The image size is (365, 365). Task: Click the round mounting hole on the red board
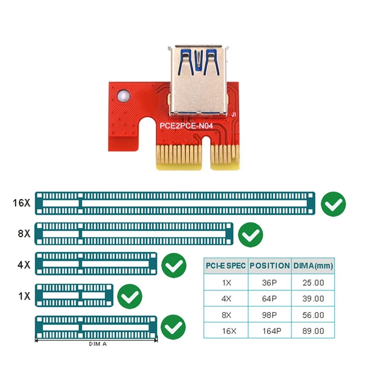point(123,97)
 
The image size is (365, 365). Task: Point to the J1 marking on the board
point(234,115)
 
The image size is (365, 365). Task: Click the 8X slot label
point(23,234)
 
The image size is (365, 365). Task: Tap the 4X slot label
point(23,264)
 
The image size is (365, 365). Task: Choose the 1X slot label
point(23,295)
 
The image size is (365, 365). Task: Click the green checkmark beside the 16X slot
point(333,203)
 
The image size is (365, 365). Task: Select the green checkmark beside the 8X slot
point(250,235)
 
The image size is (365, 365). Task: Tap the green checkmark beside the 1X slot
point(130,297)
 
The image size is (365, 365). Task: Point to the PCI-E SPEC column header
point(225,266)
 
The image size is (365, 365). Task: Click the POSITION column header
point(270,266)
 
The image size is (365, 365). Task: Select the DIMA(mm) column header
point(313,266)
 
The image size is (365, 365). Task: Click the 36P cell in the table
point(270,282)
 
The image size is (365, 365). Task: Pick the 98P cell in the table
point(270,315)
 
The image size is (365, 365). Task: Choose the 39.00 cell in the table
point(313,299)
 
